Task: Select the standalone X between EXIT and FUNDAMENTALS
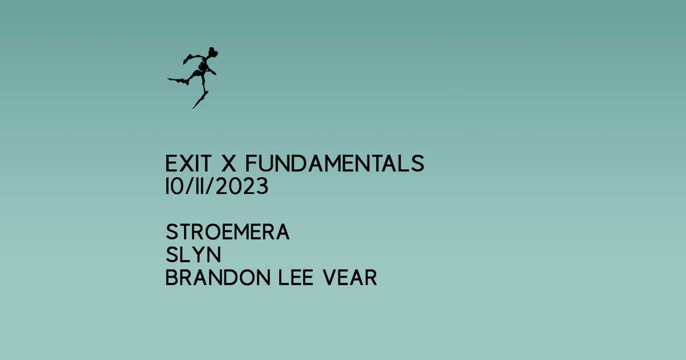(x=228, y=165)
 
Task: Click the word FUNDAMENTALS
(x=334, y=165)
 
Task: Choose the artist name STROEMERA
(x=228, y=233)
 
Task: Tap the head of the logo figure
(x=213, y=54)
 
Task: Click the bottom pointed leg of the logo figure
(x=199, y=102)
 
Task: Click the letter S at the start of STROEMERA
(x=171, y=233)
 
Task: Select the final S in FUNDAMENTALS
(x=418, y=165)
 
